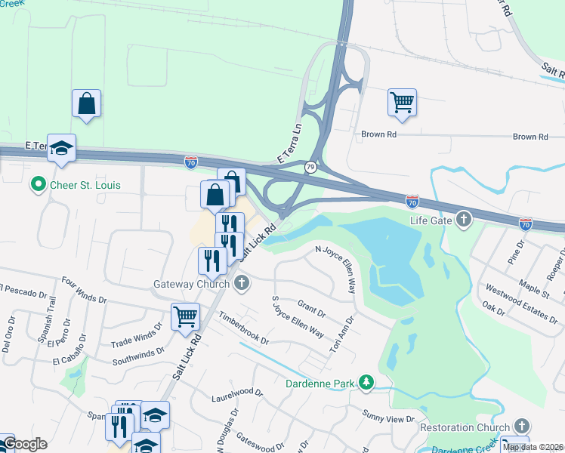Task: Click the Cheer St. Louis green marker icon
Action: [36, 184]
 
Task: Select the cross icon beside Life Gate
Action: [464, 220]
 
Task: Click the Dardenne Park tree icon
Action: [366, 383]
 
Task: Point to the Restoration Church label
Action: [464, 427]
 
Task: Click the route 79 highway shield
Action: [310, 166]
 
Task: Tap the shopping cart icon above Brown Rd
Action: [402, 102]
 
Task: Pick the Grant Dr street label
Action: [311, 308]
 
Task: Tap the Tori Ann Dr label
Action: [343, 335]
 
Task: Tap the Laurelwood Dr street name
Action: [236, 393]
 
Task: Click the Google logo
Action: [24, 444]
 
